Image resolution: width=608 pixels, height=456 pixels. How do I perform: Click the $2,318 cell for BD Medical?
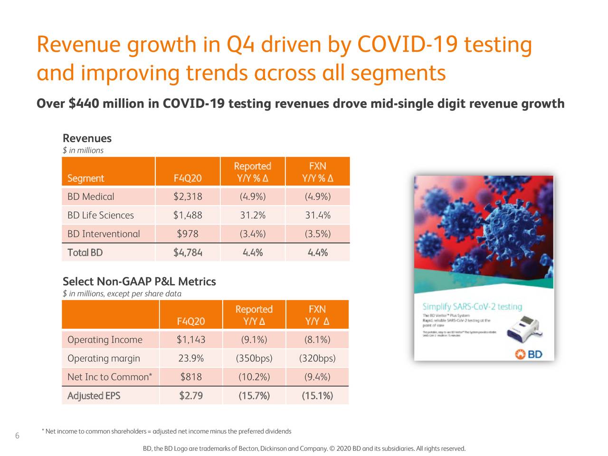pos(188,197)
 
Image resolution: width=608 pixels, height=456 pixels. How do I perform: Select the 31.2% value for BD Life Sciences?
pos(252,215)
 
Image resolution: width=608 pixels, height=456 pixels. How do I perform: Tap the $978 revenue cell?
pos(188,234)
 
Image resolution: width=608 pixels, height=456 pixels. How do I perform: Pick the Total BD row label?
pos(85,252)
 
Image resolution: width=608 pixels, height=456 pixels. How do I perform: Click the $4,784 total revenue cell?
pos(188,252)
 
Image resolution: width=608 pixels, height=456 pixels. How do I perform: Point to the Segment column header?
pos(85,179)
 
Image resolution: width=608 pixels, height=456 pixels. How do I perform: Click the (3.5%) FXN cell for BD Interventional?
pos(318,234)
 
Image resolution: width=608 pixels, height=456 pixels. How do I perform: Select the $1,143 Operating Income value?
pos(191,340)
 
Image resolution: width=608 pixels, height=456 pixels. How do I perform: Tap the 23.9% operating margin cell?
pos(191,358)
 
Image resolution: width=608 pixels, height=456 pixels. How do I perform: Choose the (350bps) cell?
pos(254,358)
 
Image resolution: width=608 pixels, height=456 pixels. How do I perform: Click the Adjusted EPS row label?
pos(94,396)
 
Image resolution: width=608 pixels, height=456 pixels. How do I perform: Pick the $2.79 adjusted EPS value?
pos(191,396)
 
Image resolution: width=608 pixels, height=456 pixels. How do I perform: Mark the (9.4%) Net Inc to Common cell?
pos(317,377)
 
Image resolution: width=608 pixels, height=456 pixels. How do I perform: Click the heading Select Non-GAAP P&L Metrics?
pos(139,282)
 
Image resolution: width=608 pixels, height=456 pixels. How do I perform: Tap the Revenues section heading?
pos(87,138)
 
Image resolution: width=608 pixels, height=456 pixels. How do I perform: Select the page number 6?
pos(17,436)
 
